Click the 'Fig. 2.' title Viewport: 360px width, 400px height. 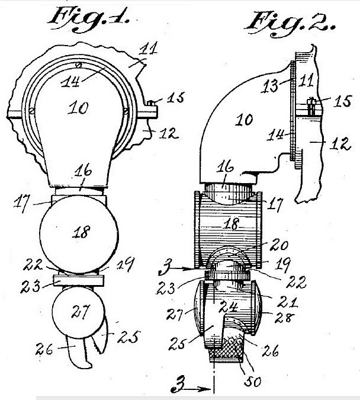pyautogui.click(x=290, y=24)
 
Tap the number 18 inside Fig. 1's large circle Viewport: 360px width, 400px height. pyautogui.click(x=81, y=232)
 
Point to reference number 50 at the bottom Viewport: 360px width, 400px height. pyautogui.click(x=253, y=382)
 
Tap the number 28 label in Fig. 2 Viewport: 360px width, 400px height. pyautogui.click(x=285, y=318)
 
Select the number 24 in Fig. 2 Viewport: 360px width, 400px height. pyautogui.click(x=229, y=306)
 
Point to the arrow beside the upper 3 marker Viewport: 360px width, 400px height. pyautogui.click(x=182, y=268)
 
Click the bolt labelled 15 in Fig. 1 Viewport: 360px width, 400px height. pyautogui.click(x=150, y=103)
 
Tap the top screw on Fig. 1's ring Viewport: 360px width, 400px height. pyautogui.click(x=79, y=65)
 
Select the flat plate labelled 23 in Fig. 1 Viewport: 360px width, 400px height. pyautogui.click(x=79, y=280)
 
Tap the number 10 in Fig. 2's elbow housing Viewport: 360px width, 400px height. pyautogui.click(x=244, y=120)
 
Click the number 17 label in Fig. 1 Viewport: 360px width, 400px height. pyautogui.click(x=21, y=203)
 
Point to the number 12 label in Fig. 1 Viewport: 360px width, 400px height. pyautogui.click(x=168, y=133)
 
